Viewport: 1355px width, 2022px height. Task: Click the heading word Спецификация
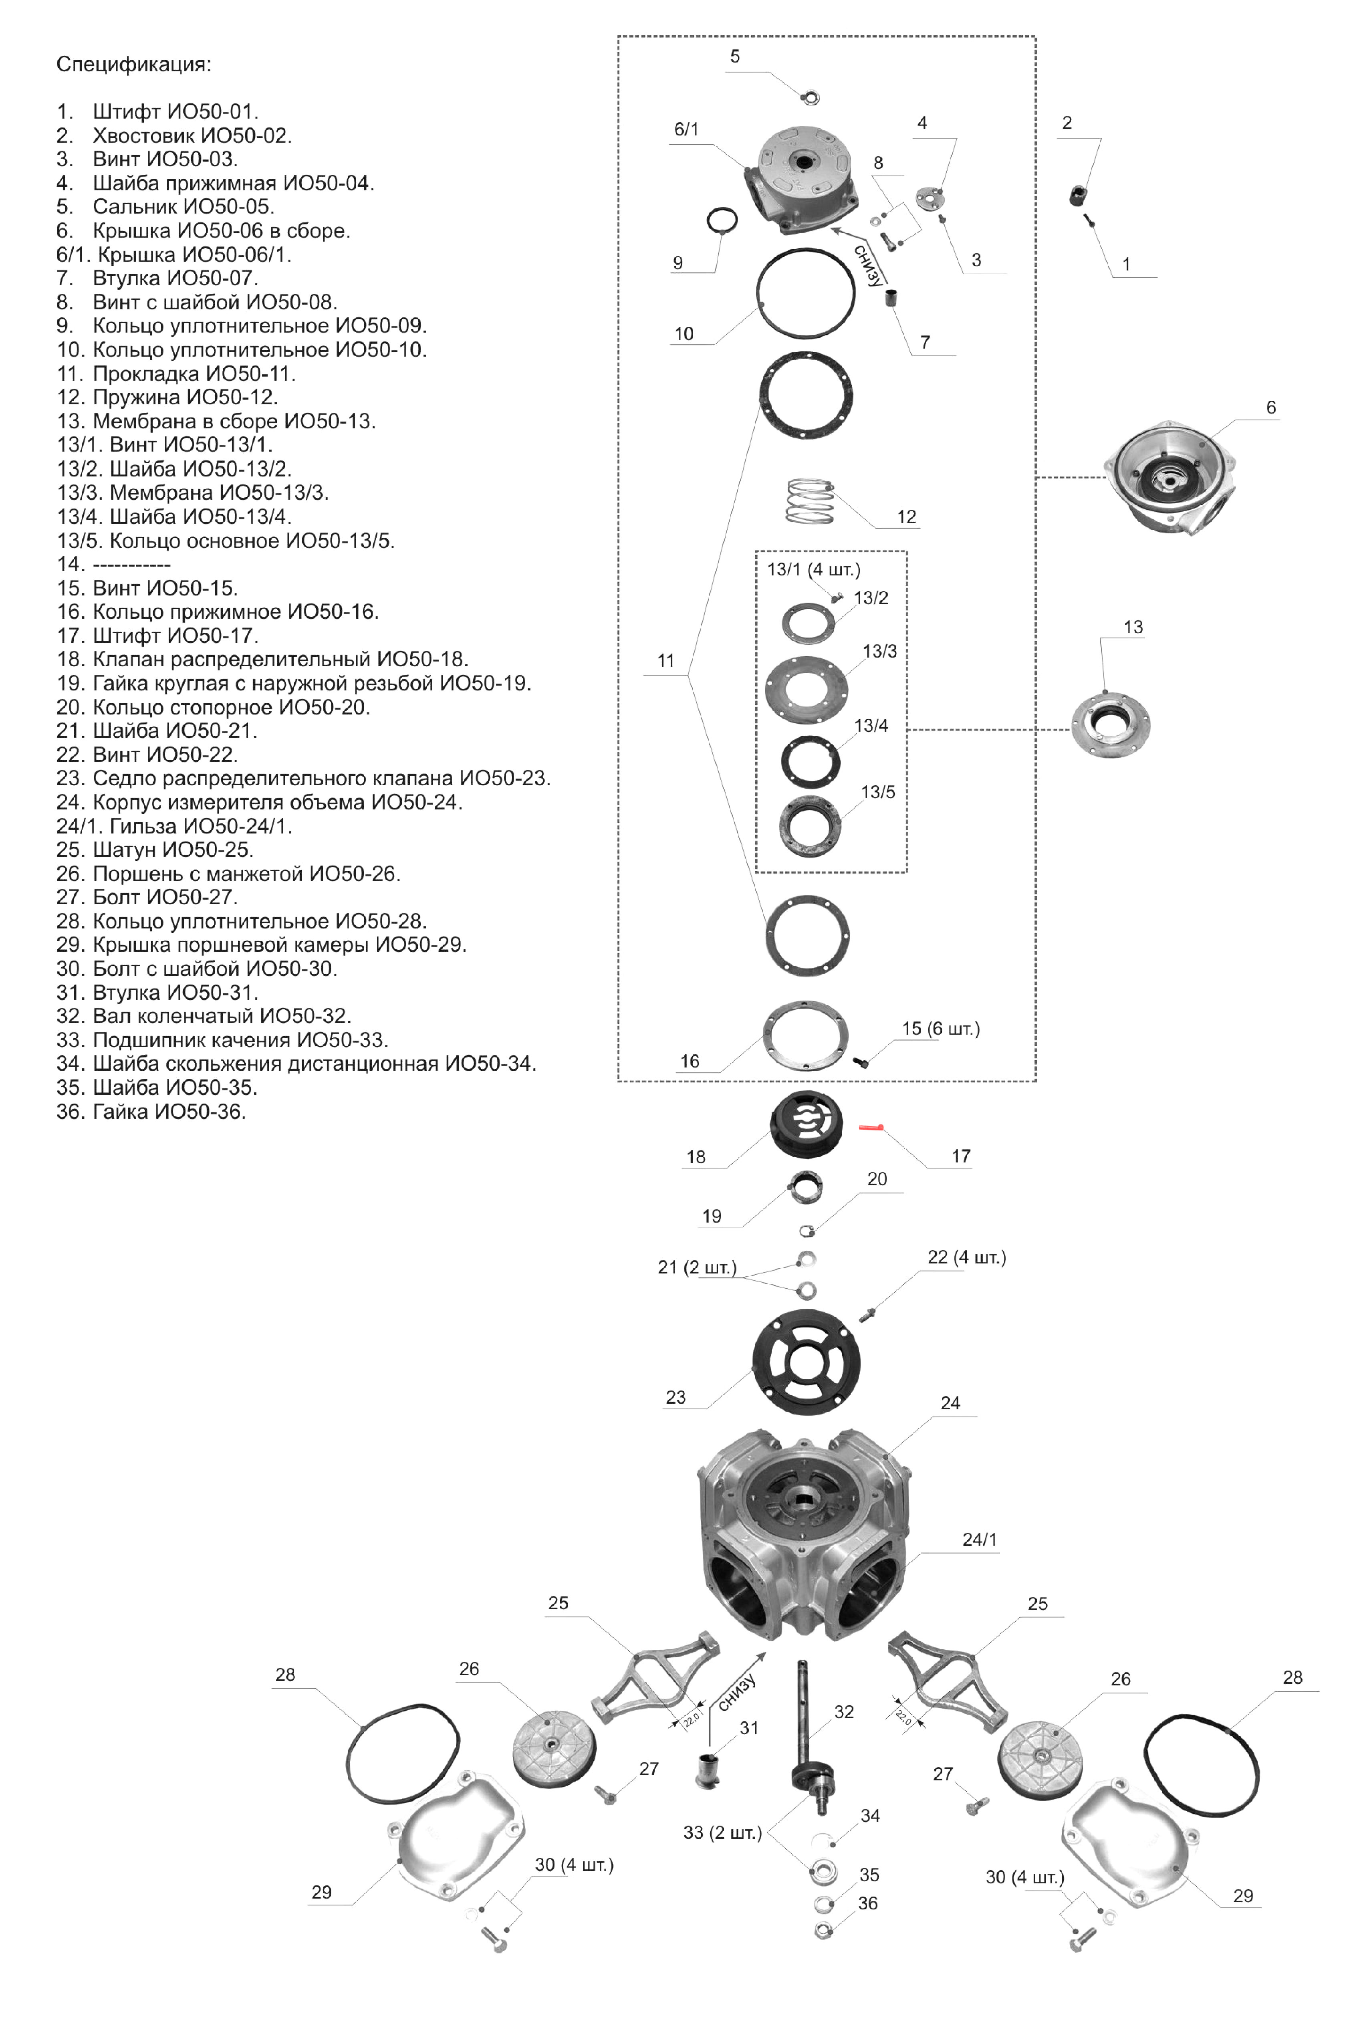(x=133, y=65)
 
